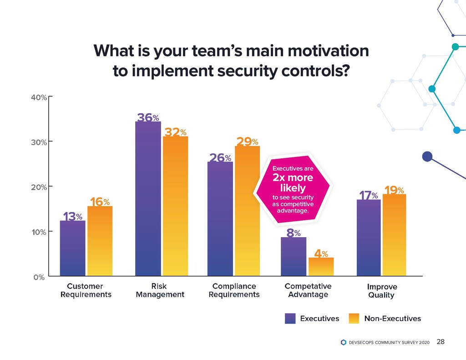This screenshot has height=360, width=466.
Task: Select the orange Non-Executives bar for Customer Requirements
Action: click(x=100, y=241)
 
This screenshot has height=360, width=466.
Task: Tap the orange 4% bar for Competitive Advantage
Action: click(x=321, y=266)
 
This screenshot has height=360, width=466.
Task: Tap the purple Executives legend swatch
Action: click(x=290, y=319)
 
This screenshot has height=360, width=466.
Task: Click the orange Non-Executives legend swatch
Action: click(x=355, y=319)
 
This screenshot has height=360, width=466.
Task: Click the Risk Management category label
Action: click(x=160, y=290)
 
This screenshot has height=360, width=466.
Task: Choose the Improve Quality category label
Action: click(x=382, y=291)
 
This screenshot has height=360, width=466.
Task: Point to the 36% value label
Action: click(x=148, y=117)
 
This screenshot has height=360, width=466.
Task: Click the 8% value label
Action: click(x=293, y=233)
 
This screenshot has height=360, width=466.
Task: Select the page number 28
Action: click(x=440, y=342)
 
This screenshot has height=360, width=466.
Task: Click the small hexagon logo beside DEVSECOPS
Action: click(x=344, y=342)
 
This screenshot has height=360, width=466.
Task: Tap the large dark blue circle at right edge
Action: click(x=427, y=157)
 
